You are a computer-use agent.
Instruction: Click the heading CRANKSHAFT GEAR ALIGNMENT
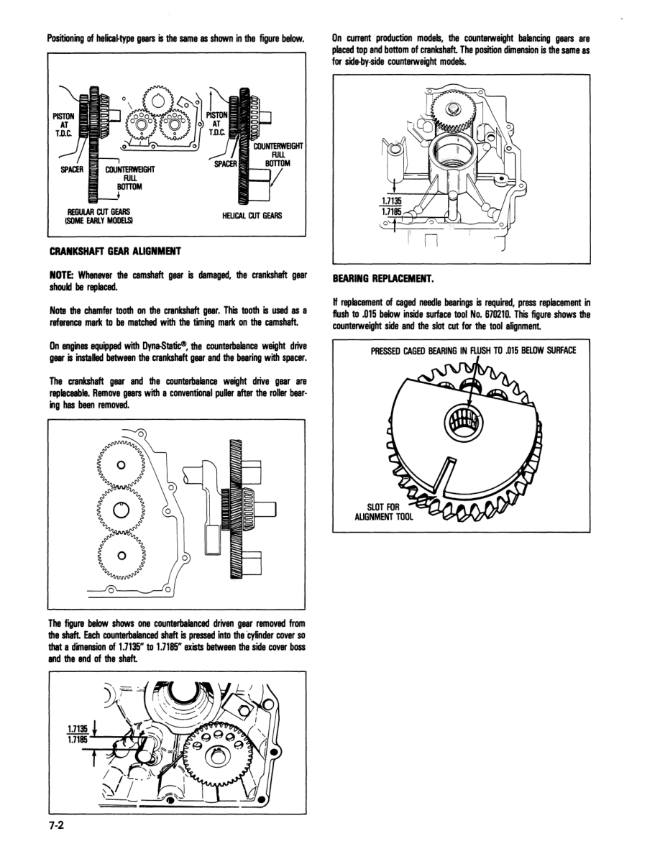tap(114, 251)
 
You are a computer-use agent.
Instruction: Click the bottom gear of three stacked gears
tap(122, 555)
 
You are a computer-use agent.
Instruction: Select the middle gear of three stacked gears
tap(122, 510)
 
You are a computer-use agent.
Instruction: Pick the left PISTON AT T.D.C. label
tap(63, 123)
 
